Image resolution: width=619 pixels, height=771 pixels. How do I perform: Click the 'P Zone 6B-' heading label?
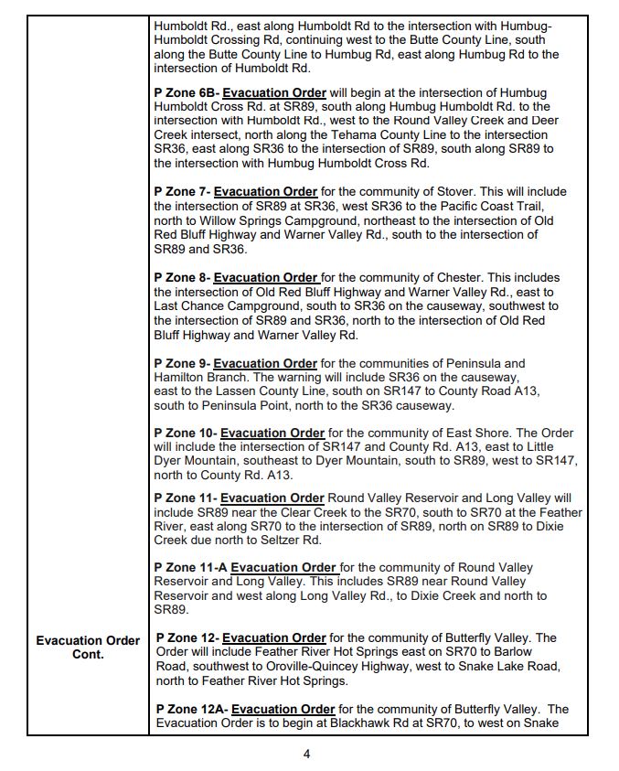[187, 93]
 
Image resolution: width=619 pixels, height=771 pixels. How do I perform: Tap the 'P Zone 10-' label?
[186, 433]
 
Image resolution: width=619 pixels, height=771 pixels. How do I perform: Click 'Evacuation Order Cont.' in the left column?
[88, 648]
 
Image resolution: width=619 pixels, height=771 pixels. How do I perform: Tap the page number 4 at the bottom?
[307, 755]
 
